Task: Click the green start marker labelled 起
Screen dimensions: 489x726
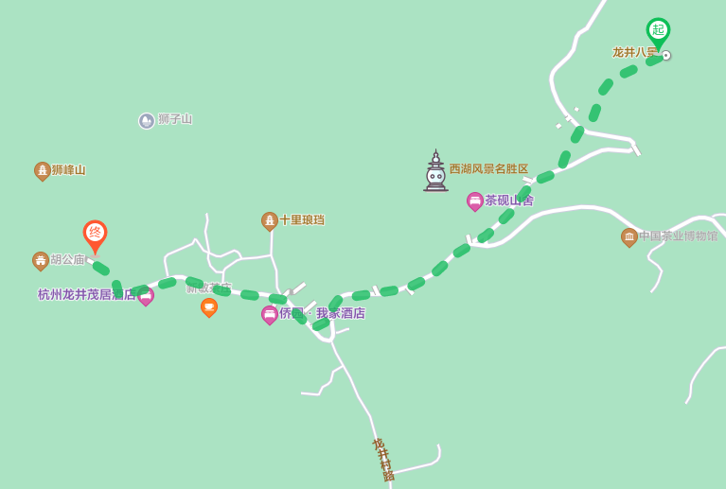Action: [x=658, y=31]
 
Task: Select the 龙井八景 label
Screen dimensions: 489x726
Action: [x=634, y=53]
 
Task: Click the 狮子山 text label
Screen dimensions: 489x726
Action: [x=175, y=119]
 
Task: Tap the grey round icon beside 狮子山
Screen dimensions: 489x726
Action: [x=147, y=121]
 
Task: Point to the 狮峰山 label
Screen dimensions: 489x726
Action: [x=68, y=170]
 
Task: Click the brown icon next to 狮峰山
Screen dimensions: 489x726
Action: [x=42, y=170]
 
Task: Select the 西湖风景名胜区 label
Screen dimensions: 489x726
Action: [x=488, y=169]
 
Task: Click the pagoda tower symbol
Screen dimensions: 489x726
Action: [x=435, y=171]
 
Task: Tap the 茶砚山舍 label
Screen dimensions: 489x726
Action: [x=509, y=201]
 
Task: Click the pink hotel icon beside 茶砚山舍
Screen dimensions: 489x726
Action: [x=475, y=201]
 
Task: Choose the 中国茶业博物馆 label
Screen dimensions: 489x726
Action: [x=678, y=236]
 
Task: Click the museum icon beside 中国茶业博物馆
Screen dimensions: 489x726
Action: [x=629, y=236]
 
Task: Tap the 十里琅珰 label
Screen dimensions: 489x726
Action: [x=301, y=220]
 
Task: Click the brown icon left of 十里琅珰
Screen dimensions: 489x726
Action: [x=270, y=220]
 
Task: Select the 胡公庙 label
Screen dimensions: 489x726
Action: [x=67, y=260]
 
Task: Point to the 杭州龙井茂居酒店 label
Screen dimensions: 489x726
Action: [x=85, y=295]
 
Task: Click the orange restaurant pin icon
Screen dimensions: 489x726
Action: [x=209, y=306]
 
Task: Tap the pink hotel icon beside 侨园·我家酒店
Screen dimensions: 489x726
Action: [x=270, y=314]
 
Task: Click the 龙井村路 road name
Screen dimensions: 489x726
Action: [x=383, y=460]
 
